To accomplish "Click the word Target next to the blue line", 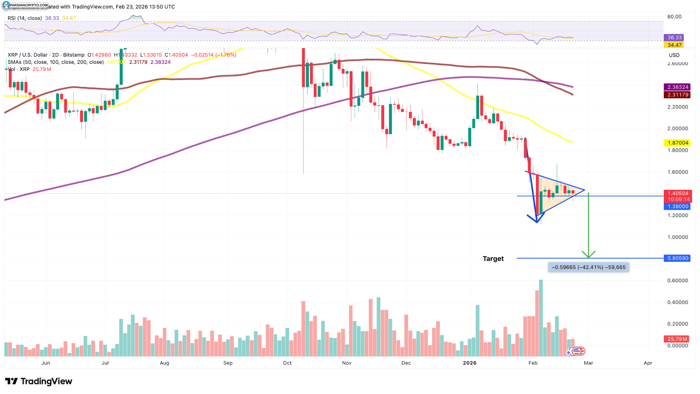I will click(x=493, y=258).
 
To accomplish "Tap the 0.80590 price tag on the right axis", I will click(x=677, y=258).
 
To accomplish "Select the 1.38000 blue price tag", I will click(x=677, y=206).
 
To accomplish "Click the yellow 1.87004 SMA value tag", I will click(x=677, y=143).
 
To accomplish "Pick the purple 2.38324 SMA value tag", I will click(x=677, y=87).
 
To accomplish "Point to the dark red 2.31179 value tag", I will click(x=677, y=95).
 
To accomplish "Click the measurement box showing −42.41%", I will click(x=588, y=267).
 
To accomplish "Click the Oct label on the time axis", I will click(x=287, y=363).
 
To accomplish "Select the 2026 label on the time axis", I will click(x=469, y=363).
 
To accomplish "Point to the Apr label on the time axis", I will click(x=648, y=363).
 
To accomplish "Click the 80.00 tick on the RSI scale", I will click(x=674, y=16).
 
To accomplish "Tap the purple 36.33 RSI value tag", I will click(x=674, y=38).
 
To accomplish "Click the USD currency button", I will click(x=674, y=55).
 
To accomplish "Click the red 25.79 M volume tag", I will click(x=676, y=339).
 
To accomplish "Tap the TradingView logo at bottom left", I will click(x=39, y=381).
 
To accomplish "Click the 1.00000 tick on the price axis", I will click(x=677, y=237).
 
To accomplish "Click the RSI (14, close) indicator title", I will click(x=25, y=18).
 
